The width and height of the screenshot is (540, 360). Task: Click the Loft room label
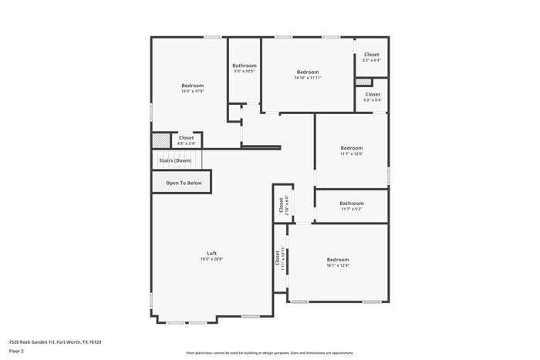point(211,253)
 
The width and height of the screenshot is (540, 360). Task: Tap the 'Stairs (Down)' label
point(175,160)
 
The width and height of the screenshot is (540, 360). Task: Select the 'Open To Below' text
point(184,183)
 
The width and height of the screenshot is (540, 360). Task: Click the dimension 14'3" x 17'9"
point(192,91)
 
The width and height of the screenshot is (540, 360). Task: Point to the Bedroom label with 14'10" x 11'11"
point(308,72)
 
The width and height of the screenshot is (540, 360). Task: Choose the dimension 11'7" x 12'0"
point(352,153)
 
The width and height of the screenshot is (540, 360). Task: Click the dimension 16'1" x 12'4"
point(338,266)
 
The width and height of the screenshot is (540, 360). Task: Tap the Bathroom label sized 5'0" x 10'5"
point(245,66)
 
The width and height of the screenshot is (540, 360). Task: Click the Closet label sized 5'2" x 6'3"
point(372,54)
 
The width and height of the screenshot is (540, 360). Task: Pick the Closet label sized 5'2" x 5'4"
point(373,94)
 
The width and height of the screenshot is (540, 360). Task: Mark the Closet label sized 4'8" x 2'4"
point(186,137)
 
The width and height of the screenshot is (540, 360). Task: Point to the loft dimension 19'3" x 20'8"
point(211,259)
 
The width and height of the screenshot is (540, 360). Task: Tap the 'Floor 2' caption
point(17,351)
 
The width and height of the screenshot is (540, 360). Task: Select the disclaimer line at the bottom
point(270,352)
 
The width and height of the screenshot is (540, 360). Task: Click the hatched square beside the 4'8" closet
point(160,140)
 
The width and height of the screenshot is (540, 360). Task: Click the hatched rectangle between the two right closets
point(363,82)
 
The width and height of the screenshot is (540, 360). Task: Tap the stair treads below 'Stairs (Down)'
point(178,165)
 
